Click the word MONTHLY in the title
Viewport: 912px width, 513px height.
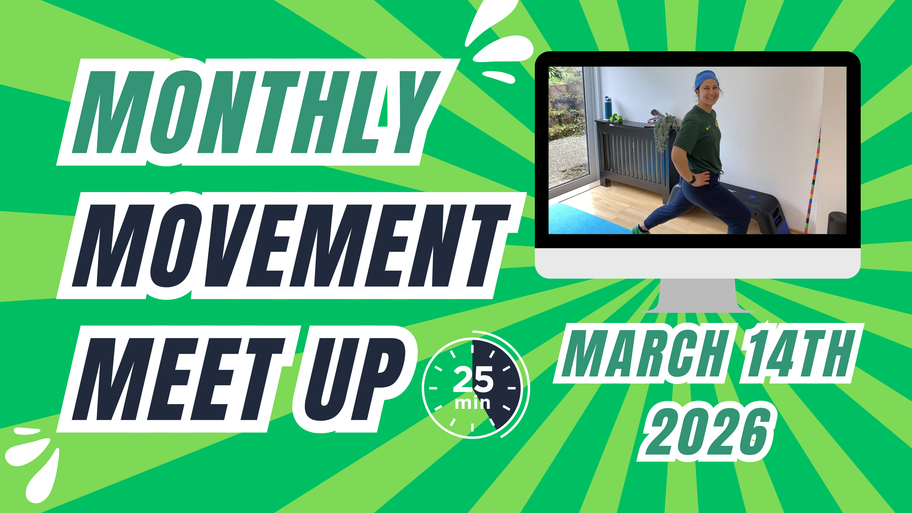255,113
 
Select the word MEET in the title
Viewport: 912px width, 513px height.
177,379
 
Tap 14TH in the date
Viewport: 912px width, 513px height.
797,354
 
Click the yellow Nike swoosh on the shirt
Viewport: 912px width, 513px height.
708,128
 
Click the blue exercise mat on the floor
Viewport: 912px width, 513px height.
581,219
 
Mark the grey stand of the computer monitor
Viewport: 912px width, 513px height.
698,296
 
